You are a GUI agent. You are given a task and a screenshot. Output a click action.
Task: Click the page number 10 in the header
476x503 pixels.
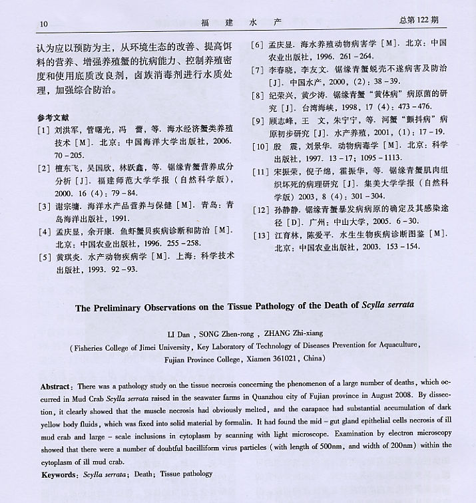click(x=44, y=24)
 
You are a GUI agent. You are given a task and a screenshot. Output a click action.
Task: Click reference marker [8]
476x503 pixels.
click(x=258, y=95)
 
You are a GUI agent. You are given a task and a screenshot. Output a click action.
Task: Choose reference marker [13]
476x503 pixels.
click(x=261, y=234)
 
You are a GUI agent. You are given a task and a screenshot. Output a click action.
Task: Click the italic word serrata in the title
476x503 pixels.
click(x=395, y=307)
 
